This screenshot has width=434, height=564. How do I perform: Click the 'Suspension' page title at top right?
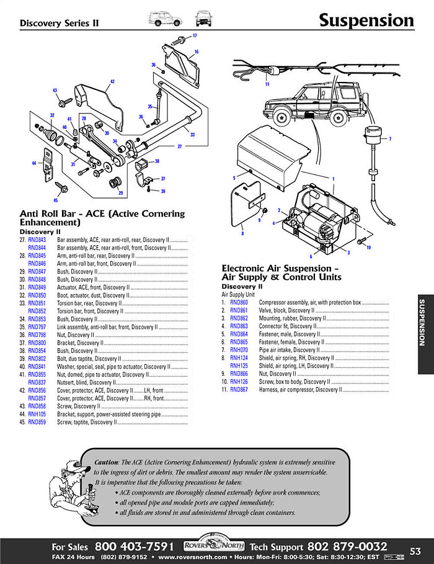click(x=366, y=20)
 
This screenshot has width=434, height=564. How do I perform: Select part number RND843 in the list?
click(x=37, y=239)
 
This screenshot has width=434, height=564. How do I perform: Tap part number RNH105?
click(x=37, y=414)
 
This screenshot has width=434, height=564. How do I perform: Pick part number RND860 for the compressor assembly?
click(x=239, y=302)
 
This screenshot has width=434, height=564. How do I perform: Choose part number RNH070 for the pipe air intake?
click(x=239, y=350)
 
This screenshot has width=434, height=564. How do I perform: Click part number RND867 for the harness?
click(x=239, y=390)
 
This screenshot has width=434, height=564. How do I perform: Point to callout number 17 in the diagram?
click(x=194, y=36)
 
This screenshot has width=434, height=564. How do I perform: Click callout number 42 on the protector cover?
click(x=112, y=82)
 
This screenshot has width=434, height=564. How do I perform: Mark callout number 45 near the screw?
click(x=55, y=200)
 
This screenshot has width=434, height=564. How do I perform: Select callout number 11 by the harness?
click(x=267, y=84)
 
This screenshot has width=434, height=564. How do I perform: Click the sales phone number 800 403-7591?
click(x=134, y=547)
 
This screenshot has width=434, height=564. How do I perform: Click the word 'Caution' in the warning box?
click(x=106, y=463)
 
